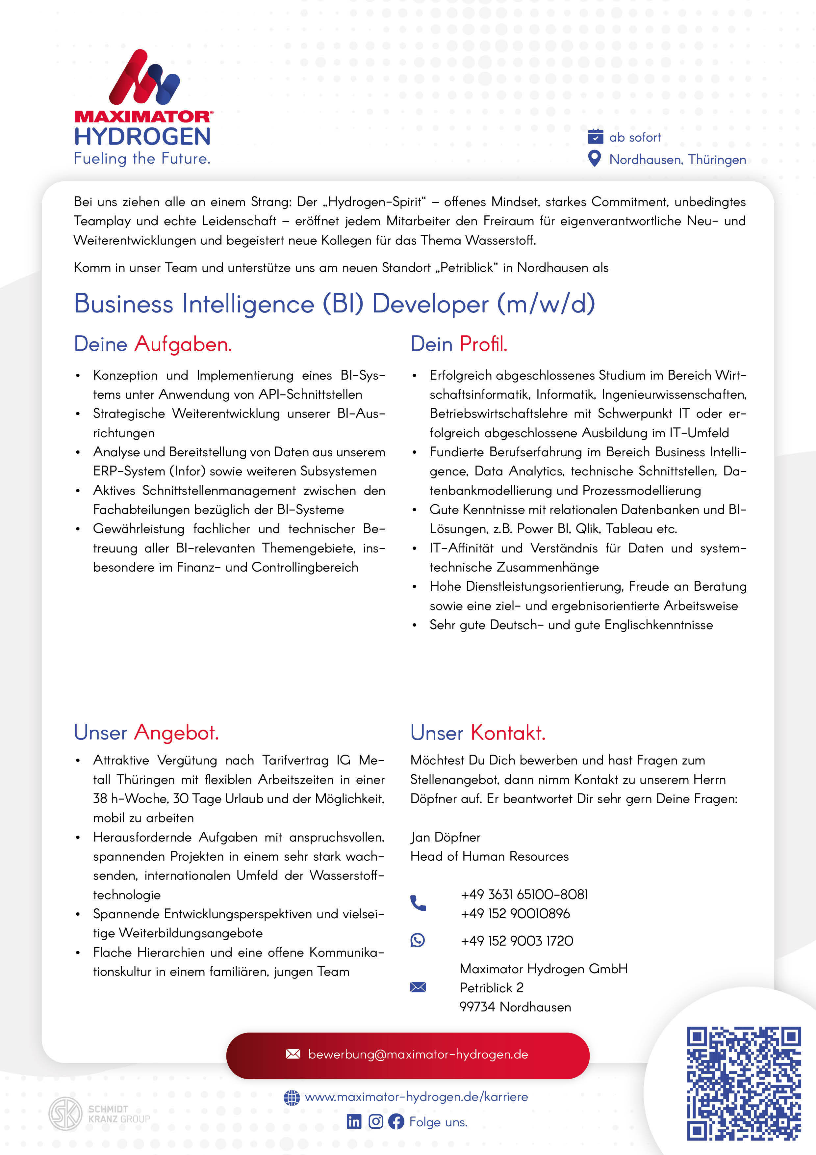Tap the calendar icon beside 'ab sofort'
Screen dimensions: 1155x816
(595, 136)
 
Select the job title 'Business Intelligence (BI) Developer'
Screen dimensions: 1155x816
(334, 304)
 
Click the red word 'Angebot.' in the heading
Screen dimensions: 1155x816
(176, 733)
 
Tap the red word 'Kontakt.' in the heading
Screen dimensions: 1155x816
(508, 733)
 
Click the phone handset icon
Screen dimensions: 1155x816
(418, 903)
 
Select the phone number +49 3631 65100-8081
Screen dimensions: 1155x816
(524, 895)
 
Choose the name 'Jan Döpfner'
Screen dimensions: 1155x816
(445, 837)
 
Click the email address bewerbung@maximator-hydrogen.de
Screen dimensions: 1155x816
(418, 1054)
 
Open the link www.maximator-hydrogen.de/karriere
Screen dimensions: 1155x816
(416, 1097)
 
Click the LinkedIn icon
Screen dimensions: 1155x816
(354, 1121)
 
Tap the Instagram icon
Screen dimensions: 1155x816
(375, 1121)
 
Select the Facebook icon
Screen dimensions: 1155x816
(396, 1121)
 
